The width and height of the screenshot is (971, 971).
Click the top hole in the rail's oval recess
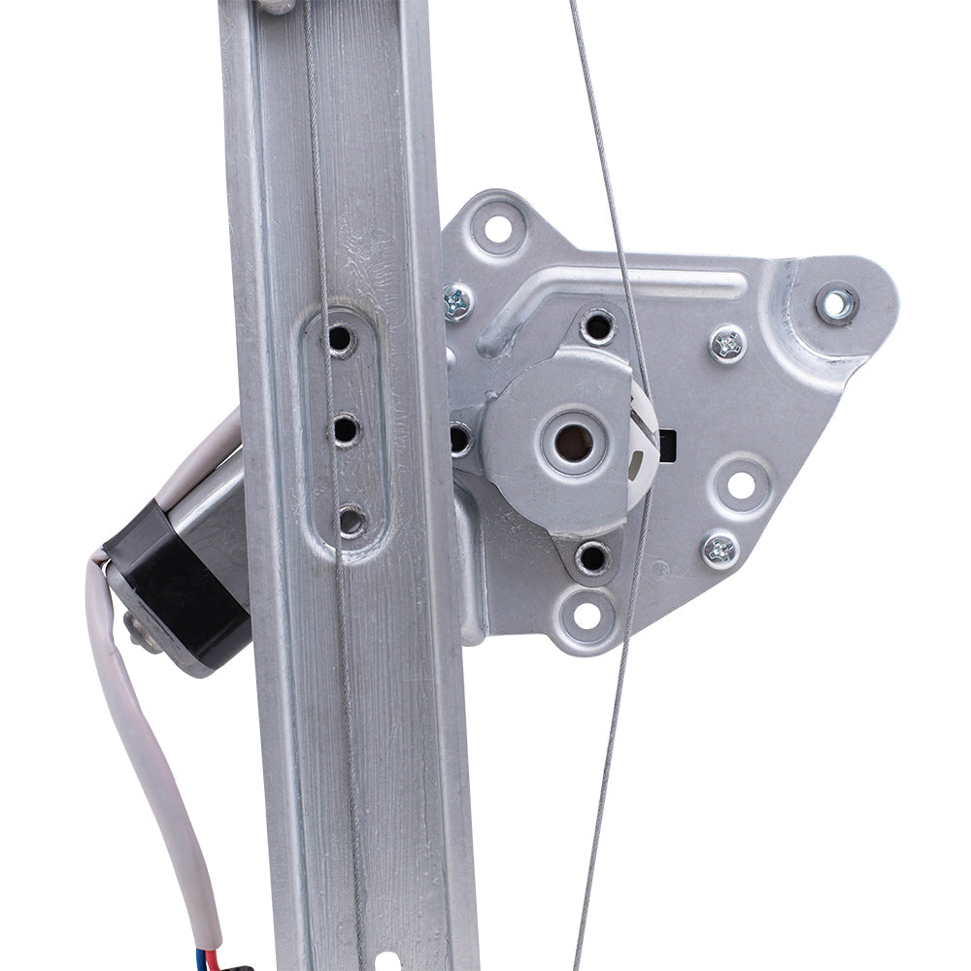coord(341,339)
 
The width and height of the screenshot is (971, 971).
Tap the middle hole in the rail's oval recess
coord(346,428)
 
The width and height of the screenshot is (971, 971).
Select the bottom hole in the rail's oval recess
coord(352,521)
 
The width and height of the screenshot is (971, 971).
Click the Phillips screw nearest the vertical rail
coord(457,302)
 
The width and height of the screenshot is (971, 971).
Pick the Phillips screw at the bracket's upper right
coord(727,344)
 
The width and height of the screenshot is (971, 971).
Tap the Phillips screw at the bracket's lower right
coord(720,550)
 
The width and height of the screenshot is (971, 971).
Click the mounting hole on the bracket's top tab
coord(497,229)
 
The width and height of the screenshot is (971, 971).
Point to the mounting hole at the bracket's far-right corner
coord(836,304)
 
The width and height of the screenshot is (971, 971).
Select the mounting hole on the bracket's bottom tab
coord(586,615)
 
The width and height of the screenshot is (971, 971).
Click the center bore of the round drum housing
coord(574,443)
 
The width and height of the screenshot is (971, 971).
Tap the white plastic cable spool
coord(643,432)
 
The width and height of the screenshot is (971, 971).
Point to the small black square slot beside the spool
coord(668,445)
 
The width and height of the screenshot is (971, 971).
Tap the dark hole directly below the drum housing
coord(591,558)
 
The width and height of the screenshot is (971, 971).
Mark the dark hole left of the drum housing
coord(460,438)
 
